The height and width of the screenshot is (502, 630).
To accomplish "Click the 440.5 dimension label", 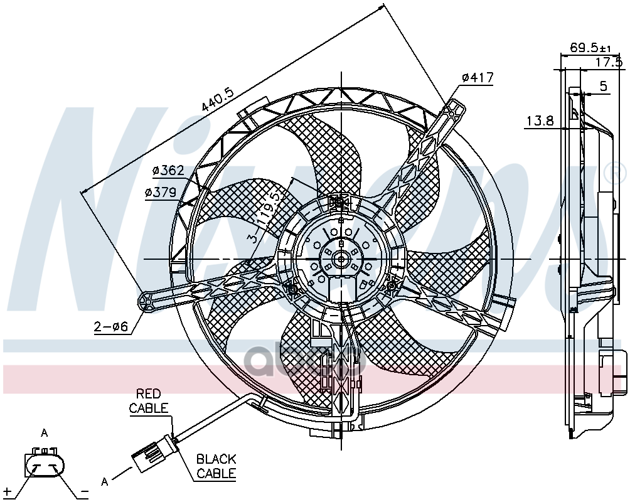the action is [217, 99].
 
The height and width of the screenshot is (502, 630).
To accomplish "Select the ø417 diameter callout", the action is [478, 77].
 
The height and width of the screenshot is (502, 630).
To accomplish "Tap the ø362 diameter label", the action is [168, 171].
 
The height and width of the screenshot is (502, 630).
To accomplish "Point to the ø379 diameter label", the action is [161, 193].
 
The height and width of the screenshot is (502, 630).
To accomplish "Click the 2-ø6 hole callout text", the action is [111, 327].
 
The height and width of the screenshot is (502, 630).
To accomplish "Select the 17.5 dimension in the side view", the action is [608, 62].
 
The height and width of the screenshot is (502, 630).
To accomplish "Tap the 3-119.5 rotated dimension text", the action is [264, 218].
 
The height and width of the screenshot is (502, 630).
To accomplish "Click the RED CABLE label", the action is [149, 401].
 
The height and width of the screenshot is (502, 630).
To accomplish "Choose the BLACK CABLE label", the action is [216, 466].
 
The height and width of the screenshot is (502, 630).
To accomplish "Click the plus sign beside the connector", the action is [8, 491].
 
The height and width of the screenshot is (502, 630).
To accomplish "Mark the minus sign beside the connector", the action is [84, 491].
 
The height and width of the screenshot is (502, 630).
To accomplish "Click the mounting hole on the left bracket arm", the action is [147, 300].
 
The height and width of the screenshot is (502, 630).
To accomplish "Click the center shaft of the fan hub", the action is [341, 259].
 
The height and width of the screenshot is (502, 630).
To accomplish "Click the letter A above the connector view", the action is [44, 433].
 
